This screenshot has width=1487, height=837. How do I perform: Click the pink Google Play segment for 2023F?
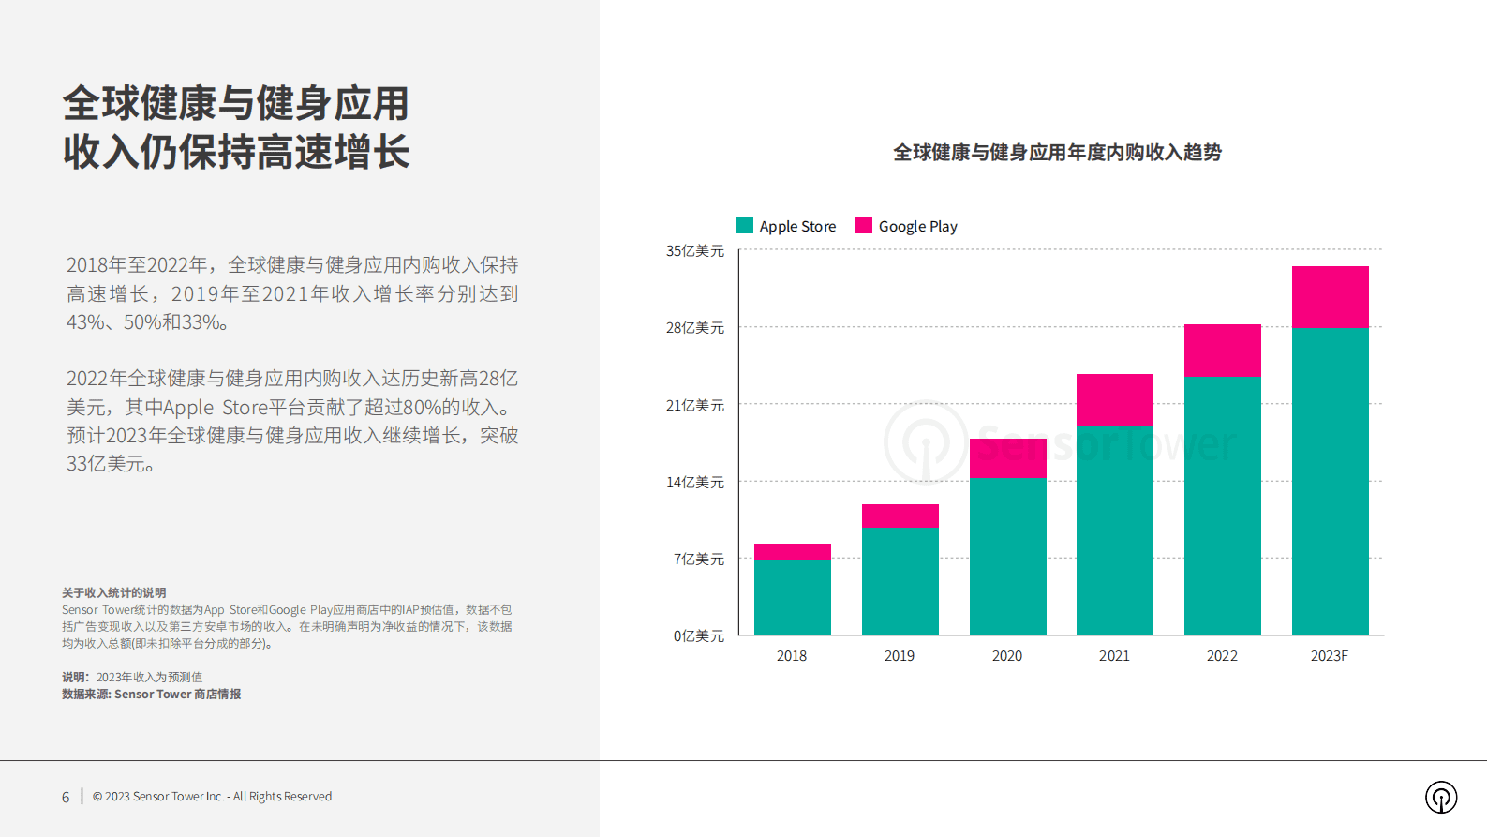point(1330,296)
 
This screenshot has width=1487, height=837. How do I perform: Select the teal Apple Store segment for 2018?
point(792,597)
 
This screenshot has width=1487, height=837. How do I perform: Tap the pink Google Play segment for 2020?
point(1007,458)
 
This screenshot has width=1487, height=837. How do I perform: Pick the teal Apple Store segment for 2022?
point(1222,505)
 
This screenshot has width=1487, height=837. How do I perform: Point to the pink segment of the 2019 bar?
point(900,516)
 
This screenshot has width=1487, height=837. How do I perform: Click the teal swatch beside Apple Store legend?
point(745,225)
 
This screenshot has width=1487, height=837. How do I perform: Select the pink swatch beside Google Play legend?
point(864,225)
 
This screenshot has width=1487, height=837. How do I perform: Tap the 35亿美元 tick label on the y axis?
point(695,251)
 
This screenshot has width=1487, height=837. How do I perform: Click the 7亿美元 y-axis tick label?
point(699,560)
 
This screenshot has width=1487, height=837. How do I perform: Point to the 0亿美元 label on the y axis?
point(699,636)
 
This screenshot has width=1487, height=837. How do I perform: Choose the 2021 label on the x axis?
point(1114,656)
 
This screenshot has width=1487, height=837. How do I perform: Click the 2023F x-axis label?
point(1329,656)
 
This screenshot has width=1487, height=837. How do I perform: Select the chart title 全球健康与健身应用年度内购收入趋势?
point(1057,153)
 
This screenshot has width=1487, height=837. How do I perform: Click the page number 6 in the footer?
point(66,798)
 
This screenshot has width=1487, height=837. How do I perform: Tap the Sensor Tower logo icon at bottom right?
point(1441,798)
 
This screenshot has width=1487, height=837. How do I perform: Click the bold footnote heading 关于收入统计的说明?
point(114,593)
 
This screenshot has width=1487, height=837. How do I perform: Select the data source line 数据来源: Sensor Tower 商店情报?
point(152,695)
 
